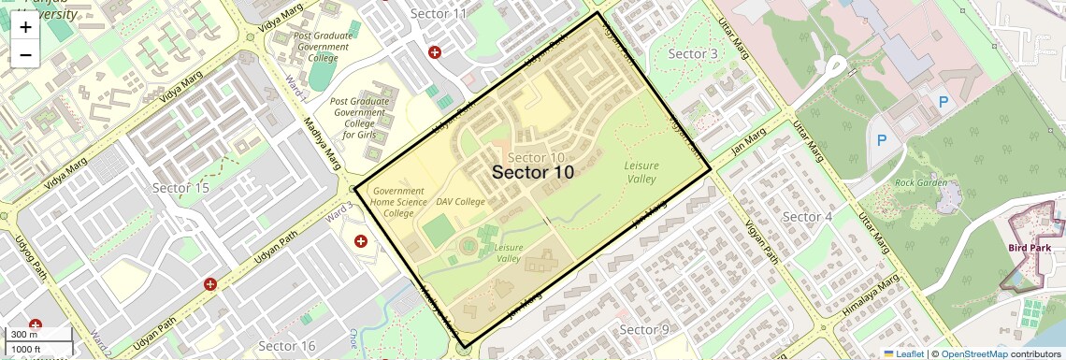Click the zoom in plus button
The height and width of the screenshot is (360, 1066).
click(x=25, y=26)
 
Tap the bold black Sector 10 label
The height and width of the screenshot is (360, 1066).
click(x=532, y=172)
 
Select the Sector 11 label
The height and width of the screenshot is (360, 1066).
click(x=439, y=13)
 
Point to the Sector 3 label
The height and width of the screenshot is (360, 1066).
click(x=693, y=54)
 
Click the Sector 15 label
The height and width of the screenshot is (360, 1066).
click(x=180, y=188)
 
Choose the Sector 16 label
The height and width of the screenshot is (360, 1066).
click(x=287, y=346)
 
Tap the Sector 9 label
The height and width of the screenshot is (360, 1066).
click(x=644, y=329)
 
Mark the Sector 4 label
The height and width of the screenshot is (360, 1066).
click(x=806, y=217)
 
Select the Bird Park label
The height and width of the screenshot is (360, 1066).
click(x=1030, y=248)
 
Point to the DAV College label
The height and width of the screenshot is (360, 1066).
click(x=460, y=202)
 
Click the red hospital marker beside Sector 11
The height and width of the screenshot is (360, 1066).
click(x=435, y=52)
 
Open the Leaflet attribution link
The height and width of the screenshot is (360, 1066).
click(x=903, y=353)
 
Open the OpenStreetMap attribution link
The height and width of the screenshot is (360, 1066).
click(x=973, y=353)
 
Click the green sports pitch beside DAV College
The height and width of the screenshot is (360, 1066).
click(x=439, y=229)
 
